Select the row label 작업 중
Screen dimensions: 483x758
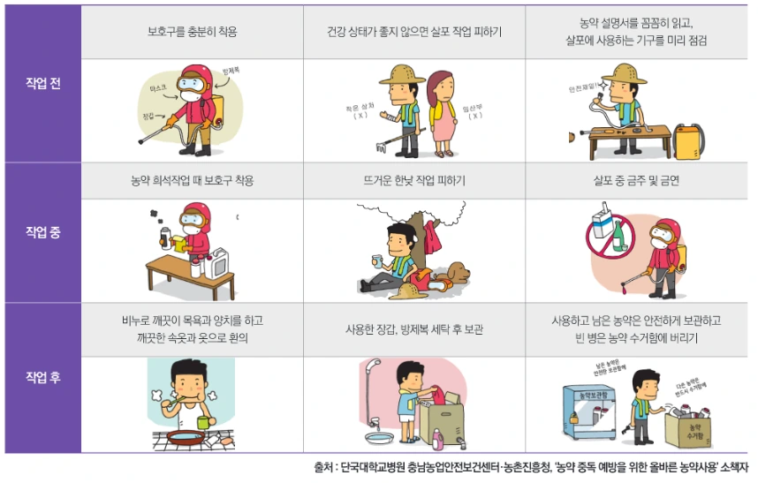[42, 233]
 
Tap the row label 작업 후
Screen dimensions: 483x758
[42, 378]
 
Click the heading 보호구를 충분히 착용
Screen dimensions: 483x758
[192, 33]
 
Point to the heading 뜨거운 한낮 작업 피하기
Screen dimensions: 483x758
[414, 181]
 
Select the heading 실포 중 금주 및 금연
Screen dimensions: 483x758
[636, 181]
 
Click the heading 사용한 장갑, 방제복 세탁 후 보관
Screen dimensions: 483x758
[414, 329]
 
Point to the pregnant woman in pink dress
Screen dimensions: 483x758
[441, 110]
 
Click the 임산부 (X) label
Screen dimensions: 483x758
[474, 110]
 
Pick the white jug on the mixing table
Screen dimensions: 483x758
[218, 262]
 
